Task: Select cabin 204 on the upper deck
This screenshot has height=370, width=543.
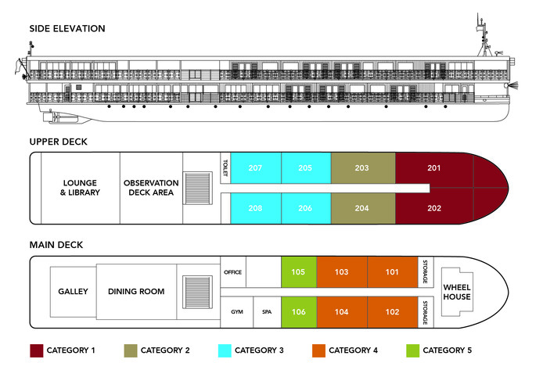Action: (x=361, y=208)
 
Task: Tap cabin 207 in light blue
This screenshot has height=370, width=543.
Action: (x=255, y=168)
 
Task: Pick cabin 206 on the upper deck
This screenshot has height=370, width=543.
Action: (x=305, y=208)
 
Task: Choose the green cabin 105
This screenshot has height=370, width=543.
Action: (x=298, y=272)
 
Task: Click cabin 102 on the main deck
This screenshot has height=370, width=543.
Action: (x=392, y=311)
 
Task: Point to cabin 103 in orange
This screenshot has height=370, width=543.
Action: (x=341, y=272)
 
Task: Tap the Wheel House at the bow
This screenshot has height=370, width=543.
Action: (x=456, y=292)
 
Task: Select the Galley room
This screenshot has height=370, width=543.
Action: (x=73, y=292)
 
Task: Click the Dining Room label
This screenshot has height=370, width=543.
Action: (x=136, y=292)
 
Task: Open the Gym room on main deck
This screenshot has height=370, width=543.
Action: (x=236, y=311)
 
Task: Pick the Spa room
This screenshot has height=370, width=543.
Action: (x=267, y=311)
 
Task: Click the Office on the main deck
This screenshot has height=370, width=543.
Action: (x=233, y=272)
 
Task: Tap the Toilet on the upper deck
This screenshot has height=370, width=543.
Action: (x=225, y=168)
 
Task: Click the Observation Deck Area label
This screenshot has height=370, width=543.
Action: (x=151, y=187)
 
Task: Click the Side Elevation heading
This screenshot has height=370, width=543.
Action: (x=67, y=29)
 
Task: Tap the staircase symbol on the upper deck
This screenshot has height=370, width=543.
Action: (x=200, y=188)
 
